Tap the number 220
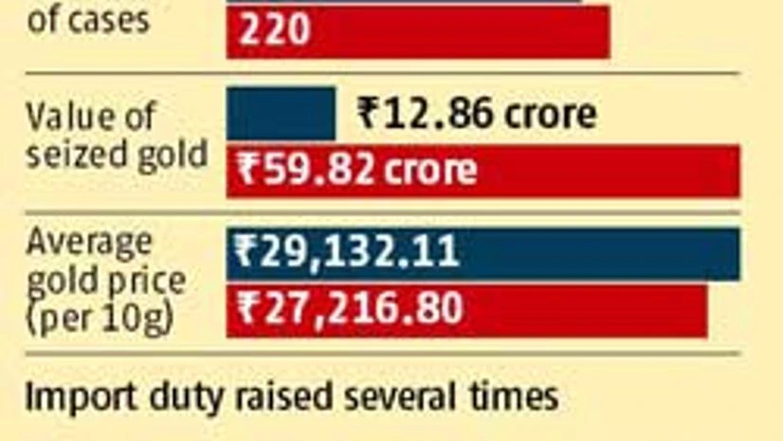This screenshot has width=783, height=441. point(274,32)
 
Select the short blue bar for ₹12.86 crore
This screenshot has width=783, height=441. point(281,114)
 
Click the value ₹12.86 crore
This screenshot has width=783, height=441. point(477,114)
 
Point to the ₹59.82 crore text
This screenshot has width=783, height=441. point(356,171)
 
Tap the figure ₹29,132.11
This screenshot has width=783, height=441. point(348,253)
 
